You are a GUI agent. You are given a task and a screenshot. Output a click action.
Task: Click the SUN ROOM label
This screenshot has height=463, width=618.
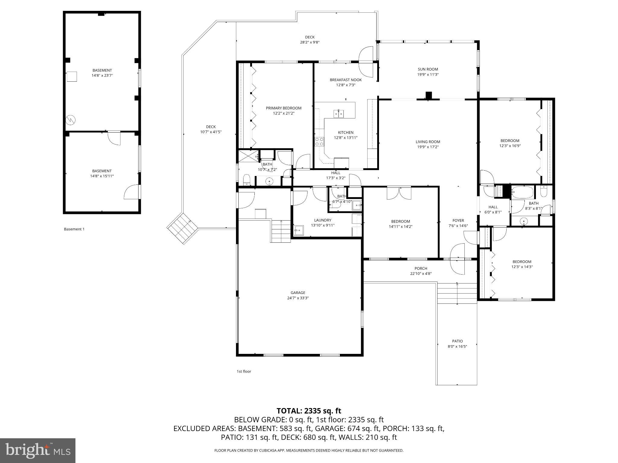point(428,69)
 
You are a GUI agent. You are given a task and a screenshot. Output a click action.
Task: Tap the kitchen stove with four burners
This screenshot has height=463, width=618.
point(319,141)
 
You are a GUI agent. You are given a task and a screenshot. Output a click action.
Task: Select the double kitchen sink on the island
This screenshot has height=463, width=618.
point(339,114)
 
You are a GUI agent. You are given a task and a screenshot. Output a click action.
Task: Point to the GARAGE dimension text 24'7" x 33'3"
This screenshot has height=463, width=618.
point(298,298)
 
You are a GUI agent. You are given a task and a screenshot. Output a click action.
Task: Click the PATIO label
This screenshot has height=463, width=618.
point(457,341)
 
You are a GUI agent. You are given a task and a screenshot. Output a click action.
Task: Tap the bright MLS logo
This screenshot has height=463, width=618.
point(38,451)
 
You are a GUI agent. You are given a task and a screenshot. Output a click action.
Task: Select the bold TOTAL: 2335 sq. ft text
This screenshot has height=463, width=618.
point(309,411)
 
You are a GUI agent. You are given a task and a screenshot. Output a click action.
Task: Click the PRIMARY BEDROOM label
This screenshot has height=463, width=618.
point(283,108)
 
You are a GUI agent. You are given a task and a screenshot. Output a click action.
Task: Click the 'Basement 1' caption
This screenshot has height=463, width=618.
point(74,229)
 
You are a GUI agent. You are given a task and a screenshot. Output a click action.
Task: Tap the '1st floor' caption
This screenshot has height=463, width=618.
point(244,371)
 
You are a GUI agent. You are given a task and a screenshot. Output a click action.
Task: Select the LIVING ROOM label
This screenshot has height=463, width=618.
point(428,142)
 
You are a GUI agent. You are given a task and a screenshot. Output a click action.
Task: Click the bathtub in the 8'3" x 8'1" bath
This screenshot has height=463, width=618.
point(522,192)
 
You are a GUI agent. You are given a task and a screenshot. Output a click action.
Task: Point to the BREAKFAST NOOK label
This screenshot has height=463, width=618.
point(346,80)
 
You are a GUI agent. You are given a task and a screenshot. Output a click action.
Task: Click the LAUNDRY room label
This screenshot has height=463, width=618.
point(323,220)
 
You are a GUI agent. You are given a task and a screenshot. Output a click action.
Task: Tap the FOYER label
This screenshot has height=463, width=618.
point(458,221)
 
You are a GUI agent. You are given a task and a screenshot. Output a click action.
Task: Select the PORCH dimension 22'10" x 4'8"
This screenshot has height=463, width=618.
point(421,274)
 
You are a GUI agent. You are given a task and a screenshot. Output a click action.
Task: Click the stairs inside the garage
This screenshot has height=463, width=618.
point(281,231)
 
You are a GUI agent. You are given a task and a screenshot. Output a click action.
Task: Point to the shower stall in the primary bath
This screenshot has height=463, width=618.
point(247,156)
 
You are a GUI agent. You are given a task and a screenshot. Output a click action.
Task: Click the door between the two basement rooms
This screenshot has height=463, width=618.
point(114,138)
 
